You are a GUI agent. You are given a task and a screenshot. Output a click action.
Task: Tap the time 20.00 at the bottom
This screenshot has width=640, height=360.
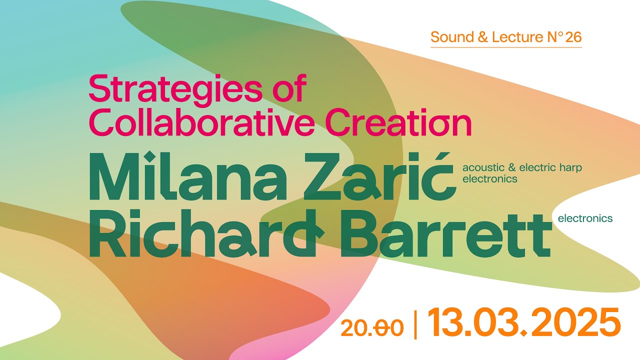pyautogui.click(x=372, y=328)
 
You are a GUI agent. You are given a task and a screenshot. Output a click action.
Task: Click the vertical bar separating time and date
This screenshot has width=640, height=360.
pyautogui.click(x=415, y=324)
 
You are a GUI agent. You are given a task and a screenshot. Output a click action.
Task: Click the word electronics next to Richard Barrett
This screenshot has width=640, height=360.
pyautogui.click(x=585, y=218)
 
